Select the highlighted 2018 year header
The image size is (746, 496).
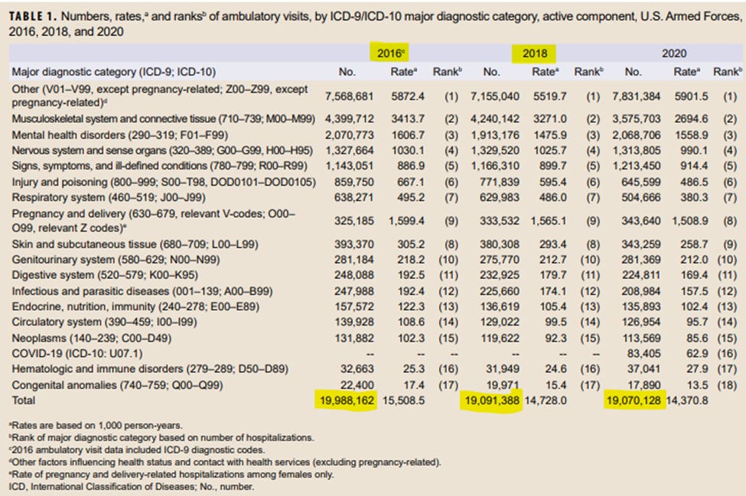tap(535, 53)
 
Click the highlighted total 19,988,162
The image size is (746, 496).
tap(344, 400)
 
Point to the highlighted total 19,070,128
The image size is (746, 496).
tap(633, 400)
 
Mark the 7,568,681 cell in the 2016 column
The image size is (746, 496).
tap(349, 96)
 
